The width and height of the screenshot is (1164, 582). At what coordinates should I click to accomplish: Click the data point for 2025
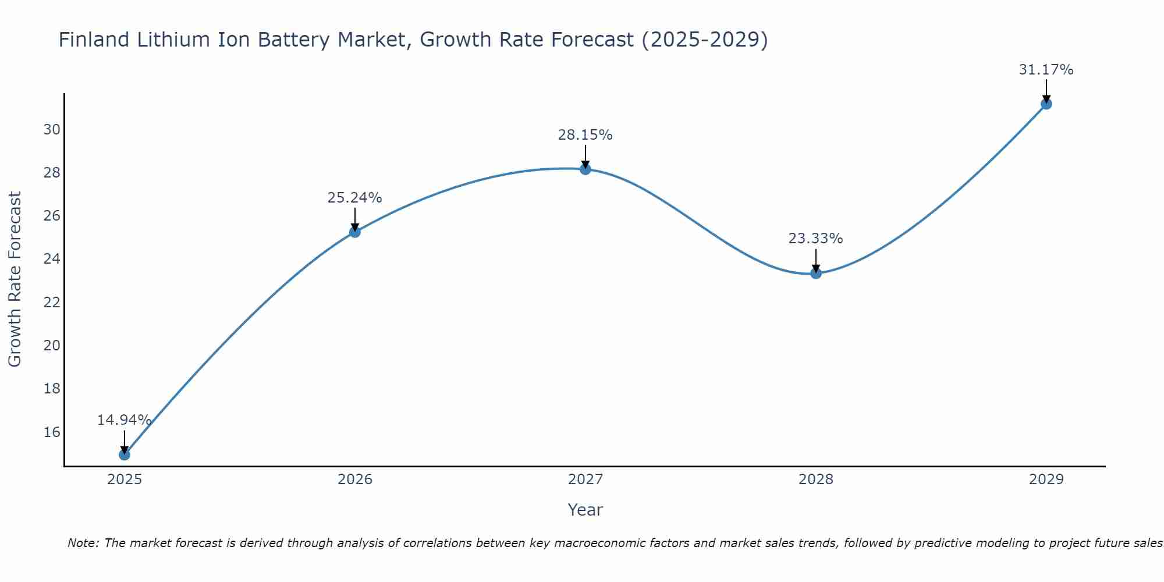click(125, 454)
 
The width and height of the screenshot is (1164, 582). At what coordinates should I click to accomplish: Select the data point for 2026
click(355, 232)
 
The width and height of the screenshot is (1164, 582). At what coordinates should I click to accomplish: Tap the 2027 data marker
click(585, 169)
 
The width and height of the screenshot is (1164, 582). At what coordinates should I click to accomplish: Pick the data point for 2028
click(816, 273)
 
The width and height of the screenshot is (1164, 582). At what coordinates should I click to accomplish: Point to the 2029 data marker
click(1046, 104)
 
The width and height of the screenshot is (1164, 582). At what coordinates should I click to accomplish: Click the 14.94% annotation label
click(124, 420)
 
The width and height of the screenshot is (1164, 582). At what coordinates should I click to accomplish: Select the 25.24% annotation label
click(354, 198)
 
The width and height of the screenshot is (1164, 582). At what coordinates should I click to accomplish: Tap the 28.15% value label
click(585, 135)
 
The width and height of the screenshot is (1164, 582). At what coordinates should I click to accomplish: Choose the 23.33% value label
click(815, 239)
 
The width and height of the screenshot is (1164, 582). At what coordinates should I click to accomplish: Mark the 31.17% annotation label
click(1046, 70)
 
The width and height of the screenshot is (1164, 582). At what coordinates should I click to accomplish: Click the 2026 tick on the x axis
click(355, 480)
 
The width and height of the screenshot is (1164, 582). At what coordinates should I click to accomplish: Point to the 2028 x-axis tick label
click(816, 480)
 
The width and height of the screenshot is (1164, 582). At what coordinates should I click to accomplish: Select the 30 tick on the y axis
click(52, 129)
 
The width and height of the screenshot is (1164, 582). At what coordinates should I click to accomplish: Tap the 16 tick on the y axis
click(52, 432)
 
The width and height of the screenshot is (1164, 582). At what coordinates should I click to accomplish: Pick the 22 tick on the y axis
click(52, 302)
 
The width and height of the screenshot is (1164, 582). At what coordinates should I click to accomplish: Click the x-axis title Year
click(585, 510)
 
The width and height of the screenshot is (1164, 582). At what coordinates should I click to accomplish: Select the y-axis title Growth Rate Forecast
click(15, 279)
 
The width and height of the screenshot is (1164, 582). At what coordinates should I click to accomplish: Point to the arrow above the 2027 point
click(585, 155)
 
